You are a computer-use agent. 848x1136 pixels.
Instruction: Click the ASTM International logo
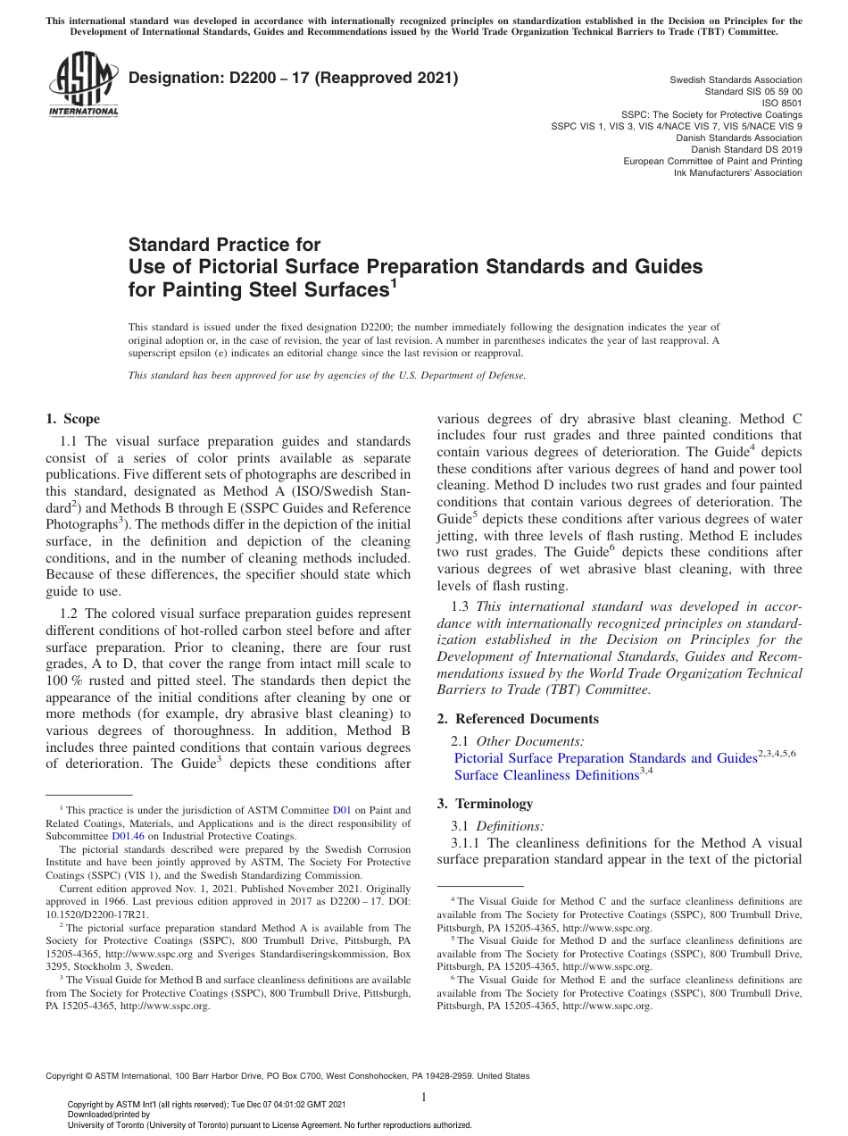click(83, 85)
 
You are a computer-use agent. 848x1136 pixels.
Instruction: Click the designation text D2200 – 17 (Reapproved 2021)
click(293, 78)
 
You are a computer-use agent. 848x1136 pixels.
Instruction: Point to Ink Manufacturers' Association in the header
click(737, 172)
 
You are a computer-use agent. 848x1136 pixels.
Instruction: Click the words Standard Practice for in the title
click(224, 244)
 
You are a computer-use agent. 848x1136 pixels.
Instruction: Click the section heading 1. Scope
click(72, 419)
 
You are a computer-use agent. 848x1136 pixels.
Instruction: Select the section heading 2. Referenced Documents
click(518, 719)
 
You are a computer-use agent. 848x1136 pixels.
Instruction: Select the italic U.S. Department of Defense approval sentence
click(327, 375)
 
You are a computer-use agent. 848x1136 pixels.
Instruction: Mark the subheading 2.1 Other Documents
click(519, 740)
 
